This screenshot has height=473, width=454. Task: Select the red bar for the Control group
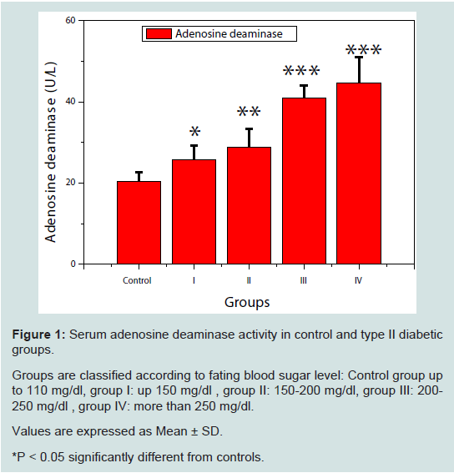139,223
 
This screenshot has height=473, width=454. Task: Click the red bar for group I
194,212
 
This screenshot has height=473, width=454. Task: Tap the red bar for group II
249,205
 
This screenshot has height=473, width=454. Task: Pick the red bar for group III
304,181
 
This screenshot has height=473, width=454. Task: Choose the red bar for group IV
359,174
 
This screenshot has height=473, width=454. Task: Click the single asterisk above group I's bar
195,132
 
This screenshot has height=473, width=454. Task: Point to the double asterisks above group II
249,112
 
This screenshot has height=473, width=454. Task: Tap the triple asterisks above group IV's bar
363,50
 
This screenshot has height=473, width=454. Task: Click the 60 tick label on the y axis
70,20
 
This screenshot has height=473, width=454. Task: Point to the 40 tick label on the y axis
70,102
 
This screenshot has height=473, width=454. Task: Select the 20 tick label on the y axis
70,183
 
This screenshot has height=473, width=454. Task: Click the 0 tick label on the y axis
73,264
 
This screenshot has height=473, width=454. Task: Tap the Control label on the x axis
137,280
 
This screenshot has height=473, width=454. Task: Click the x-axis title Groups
247,302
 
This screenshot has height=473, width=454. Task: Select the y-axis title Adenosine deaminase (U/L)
50,153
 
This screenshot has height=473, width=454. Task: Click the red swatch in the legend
159,33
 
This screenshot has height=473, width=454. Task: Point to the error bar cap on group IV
359,57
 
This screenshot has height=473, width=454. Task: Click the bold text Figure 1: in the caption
38,335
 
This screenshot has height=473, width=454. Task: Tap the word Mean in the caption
171,431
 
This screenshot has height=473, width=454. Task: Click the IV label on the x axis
358,280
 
